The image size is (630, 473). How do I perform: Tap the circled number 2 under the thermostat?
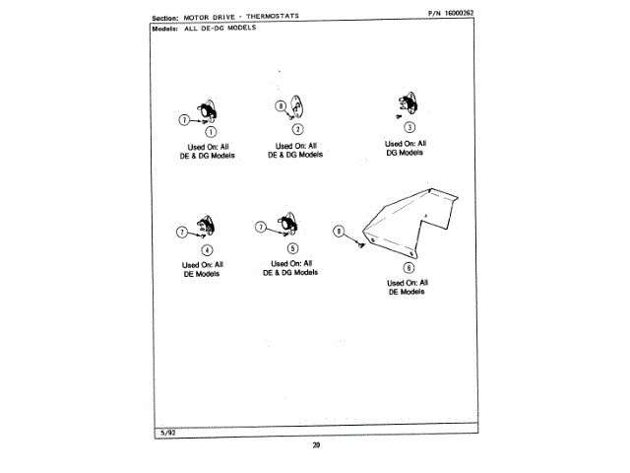click(x=297, y=129)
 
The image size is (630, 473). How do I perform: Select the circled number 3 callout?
click(x=409, y=125)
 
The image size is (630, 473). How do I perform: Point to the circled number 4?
click(x=207, y=250)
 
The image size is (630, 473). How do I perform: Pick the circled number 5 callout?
click(x=292, y=248)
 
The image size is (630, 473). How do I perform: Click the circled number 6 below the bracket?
click(x=409, y=267)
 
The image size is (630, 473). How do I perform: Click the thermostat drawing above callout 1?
click(x=208, y=113)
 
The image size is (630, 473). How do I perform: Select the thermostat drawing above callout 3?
click(x=406, y=105)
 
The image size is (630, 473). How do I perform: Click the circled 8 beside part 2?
click(x=282, y=105)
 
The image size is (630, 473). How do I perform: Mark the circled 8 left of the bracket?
click(x=339, y=233)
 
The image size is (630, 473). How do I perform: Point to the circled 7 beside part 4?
click(x=181, y=233)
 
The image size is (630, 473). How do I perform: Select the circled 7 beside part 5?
click(x=261, y=227)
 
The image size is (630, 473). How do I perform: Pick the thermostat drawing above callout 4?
click(x=204, y=229)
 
